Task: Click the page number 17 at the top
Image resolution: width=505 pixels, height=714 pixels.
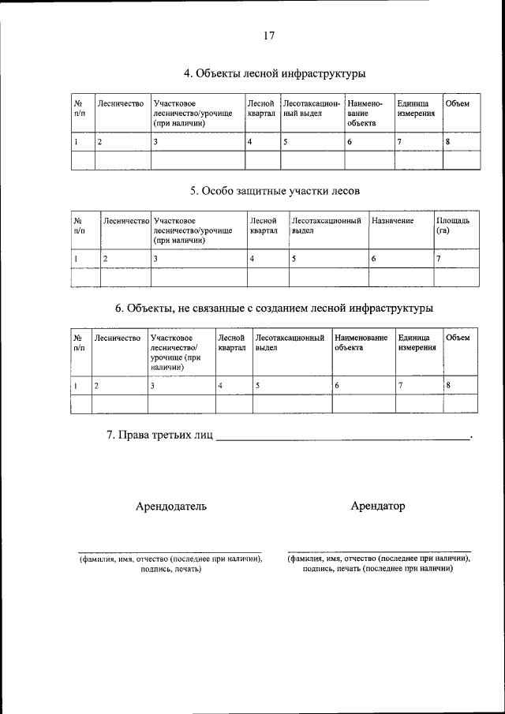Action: click(268, 36)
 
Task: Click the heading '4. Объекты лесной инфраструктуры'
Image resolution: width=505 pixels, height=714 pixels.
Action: click(274, 74)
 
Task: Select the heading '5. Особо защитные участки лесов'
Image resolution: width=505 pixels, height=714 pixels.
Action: click(275, 190)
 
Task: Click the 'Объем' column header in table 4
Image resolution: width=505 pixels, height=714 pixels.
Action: click(457, 103)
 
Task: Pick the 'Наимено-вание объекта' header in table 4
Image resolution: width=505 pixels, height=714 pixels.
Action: click(364, 113)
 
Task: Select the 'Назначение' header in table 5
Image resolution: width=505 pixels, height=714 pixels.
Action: click(393, 221)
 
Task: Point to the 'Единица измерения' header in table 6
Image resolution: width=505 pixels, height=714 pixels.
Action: click(415, 342)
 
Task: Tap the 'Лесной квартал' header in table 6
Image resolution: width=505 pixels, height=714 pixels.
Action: click(232, 342)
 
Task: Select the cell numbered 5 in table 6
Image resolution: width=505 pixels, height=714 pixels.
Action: click(291, 385)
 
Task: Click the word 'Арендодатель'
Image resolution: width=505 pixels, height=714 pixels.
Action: click(170, 507)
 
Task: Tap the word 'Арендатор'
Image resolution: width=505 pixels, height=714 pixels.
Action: click(377, 507)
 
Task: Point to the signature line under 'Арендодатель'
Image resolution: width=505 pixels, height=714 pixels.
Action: click(170, 551)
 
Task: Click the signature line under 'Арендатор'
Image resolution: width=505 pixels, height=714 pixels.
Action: click(379, 551)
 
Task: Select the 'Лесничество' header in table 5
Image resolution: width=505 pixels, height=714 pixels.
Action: click(126, 221)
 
